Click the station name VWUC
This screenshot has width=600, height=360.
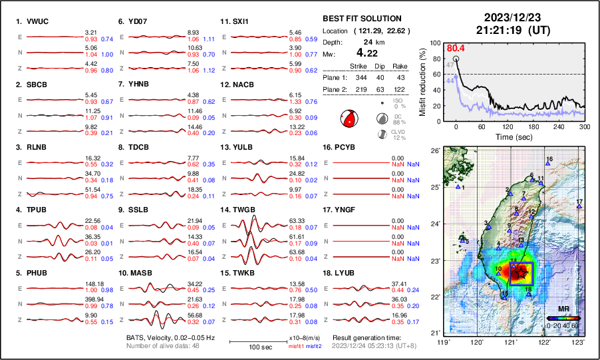tap(37, 21)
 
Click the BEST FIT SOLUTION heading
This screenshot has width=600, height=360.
tap(362, 19)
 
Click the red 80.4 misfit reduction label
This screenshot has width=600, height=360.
tap(456, 48)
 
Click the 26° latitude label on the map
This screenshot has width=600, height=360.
tap(435, 151)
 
